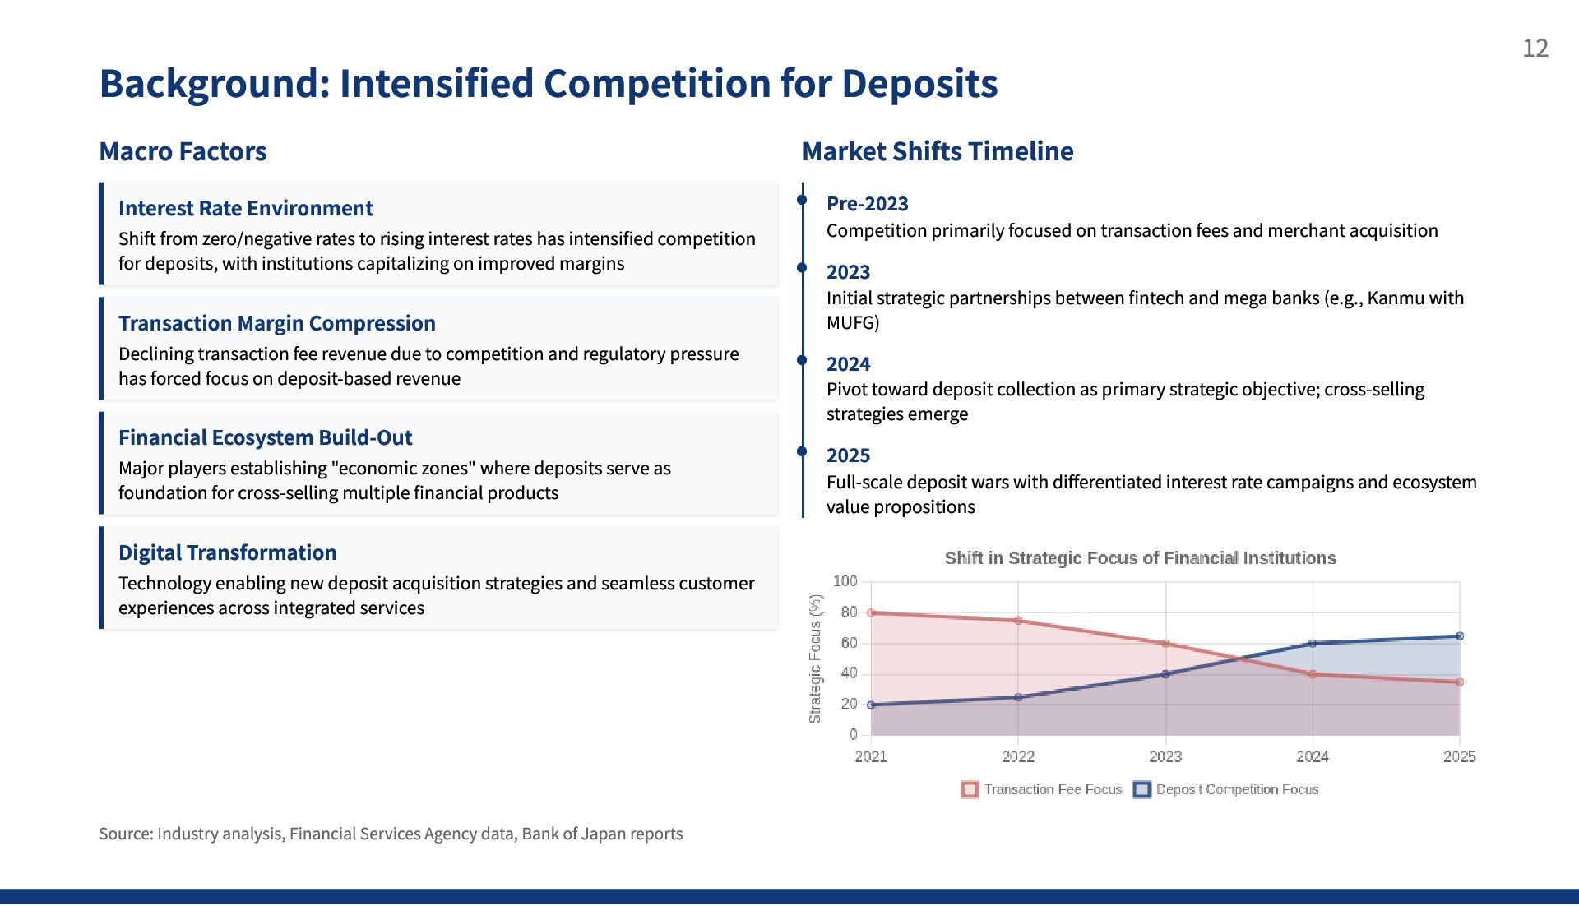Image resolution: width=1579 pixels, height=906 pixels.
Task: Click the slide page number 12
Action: pos(1535,49)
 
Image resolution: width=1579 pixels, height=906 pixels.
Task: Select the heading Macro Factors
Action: pos(183,151)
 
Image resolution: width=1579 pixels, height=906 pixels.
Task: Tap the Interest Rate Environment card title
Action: pos(246,208)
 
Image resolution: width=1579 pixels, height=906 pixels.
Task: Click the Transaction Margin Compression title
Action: pos(277,323)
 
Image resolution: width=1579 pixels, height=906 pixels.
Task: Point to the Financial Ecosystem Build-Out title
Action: pos(266,437)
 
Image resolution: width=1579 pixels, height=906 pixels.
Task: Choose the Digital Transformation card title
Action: pos(228,552)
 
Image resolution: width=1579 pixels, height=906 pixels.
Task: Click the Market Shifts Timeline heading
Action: pos(938,151)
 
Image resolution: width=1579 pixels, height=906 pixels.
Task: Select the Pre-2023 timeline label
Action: pos(868,204)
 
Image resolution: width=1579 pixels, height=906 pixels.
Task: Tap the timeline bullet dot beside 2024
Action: pos(803,360)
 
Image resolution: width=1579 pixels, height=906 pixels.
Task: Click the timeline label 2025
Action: pos(849,455)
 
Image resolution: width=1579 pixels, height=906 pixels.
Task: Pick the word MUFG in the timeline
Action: pos(853,323)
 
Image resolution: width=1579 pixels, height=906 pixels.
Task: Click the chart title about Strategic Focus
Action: pos(1140,558)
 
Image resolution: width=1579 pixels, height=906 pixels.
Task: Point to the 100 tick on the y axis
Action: pos(845,581)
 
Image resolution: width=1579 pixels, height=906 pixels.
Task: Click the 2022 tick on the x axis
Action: pos(1018,756)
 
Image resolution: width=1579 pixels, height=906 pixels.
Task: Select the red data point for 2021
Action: pos(871,613)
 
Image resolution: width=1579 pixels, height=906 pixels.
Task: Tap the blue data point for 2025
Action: pos(1460,636)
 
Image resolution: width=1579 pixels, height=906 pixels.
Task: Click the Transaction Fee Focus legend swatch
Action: pos(970,790)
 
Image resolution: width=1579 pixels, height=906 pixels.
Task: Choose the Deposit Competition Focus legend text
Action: pos(1237,789)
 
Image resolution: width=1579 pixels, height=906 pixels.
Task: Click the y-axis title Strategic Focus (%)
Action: pos(815,659)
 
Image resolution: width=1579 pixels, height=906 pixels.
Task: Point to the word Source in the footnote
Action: pos(124,834)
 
